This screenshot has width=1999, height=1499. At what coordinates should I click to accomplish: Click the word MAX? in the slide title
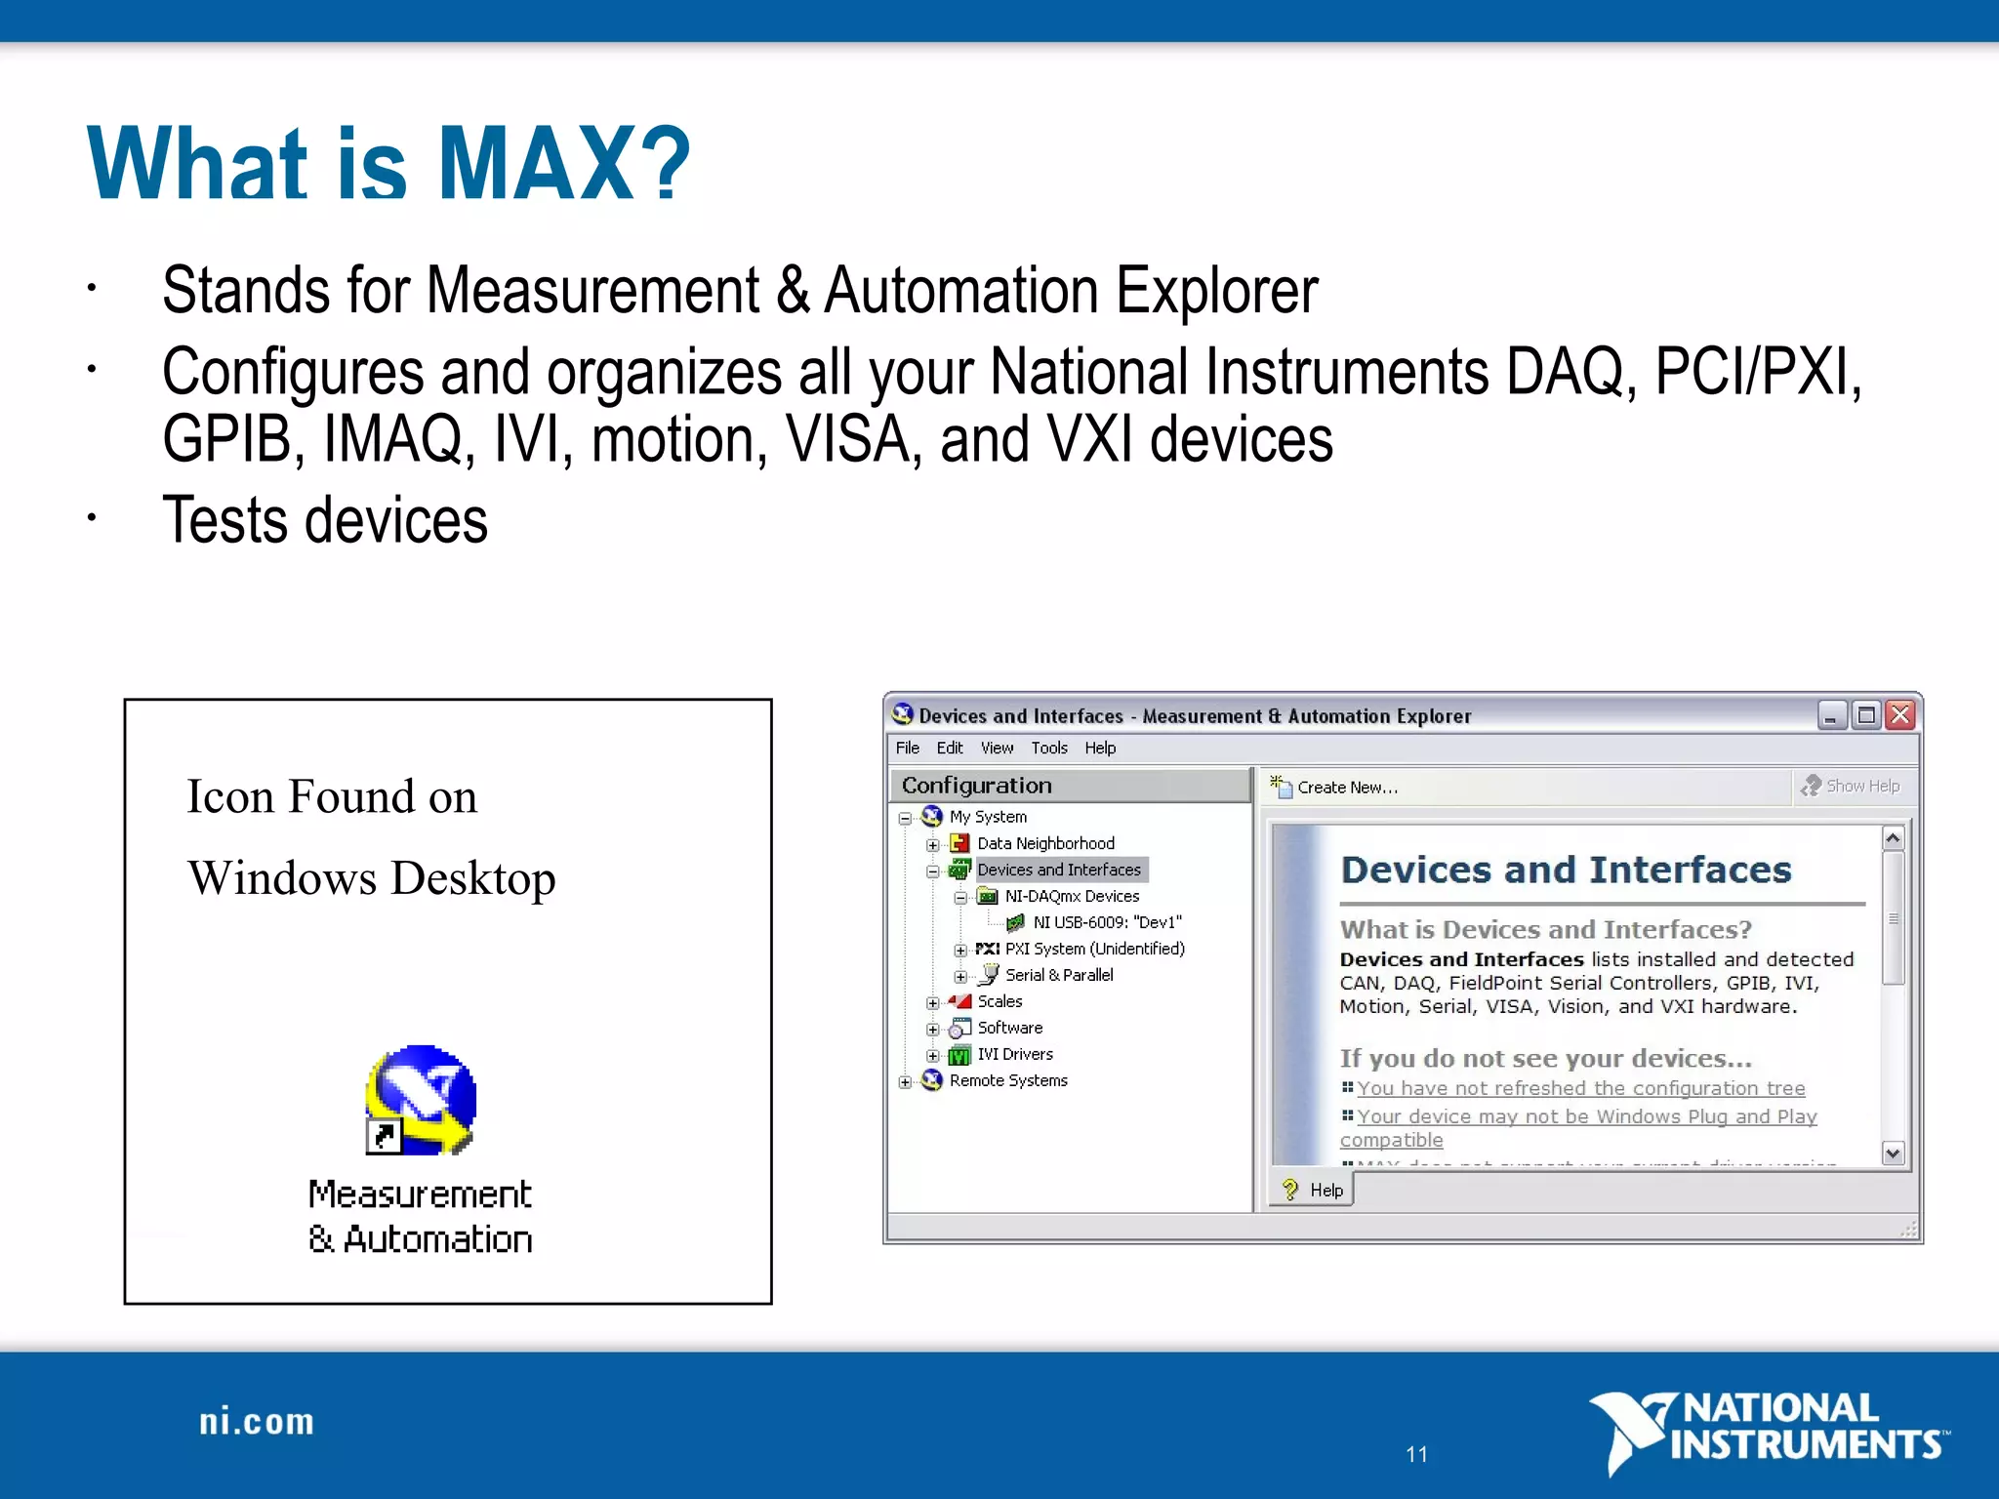[x=564, y=164]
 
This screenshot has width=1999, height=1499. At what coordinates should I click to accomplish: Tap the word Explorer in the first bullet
[x=1216, y=291]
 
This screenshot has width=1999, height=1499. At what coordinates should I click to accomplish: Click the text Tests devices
[x=324, y=520]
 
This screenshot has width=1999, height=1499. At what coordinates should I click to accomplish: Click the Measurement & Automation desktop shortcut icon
[x=421, y=1101]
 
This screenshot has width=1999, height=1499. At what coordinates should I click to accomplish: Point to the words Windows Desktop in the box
[x=371, y=878]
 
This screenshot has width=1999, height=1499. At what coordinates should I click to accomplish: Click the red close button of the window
[x=1899, y=715]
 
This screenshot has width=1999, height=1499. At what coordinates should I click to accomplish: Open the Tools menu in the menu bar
[x=1049, y=749]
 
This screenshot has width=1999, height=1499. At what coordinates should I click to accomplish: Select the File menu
[x=907, y=749]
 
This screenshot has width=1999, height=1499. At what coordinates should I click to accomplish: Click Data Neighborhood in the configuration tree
[x=1045, y=843]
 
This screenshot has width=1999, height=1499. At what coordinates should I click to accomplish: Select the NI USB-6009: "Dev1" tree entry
[x=1107, y=922]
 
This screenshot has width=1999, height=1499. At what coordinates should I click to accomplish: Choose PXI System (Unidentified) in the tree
[x=1094, y=949]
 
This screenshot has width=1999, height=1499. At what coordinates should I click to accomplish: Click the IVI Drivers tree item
[x=1015, y=1054]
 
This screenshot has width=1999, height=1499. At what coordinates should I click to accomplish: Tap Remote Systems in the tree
[x=1008, y=1080]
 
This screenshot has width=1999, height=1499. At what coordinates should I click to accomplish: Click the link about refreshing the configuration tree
[x=1580, y=1088]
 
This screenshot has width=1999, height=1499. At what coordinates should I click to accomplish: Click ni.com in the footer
[x=257, y=1422]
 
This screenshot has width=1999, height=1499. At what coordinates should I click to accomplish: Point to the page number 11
[x=1416, y=1454]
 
